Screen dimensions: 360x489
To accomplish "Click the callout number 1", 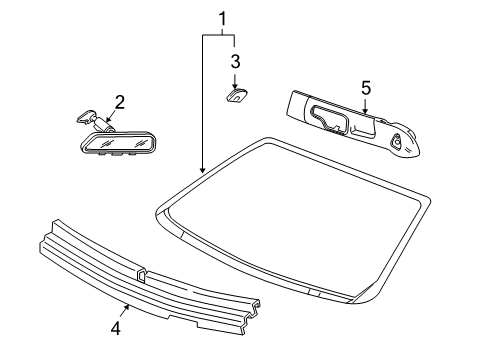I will click(x=222, y=17).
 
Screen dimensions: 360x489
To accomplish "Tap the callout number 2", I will click(x=119, y=101).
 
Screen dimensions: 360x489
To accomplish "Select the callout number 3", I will click(x=236, y=61).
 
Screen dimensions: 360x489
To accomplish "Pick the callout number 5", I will click(x=366, y=88).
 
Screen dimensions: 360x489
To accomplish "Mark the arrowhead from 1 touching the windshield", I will click(x=203, y=171).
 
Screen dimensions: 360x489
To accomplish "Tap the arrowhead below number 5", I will click(x=365, y=112).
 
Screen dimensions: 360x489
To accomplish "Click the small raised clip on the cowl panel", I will click(x=141, y=271).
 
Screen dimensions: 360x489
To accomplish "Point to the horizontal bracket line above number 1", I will click(x=219, y=34).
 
